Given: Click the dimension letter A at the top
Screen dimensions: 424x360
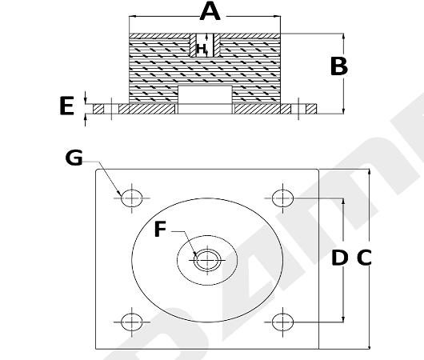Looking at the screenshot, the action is coord(210,11).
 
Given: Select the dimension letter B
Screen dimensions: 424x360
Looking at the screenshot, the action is coord(339,66).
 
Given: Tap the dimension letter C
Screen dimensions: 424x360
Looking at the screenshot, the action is coord(364,258).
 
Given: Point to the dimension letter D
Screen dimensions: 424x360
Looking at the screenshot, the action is coord(340,258).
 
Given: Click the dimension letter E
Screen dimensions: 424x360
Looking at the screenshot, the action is coord(66,106).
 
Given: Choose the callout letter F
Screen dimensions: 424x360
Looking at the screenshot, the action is coord(160,229).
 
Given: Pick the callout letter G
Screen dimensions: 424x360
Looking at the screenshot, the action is coord(74,158).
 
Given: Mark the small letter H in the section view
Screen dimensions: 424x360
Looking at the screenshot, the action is coord(201,49).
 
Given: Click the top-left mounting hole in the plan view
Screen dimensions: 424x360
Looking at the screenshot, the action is coord(132,198).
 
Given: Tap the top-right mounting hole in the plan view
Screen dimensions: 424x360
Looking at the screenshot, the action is coord(282,198).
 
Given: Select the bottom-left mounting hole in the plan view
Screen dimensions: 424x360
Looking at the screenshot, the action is coord(132,322).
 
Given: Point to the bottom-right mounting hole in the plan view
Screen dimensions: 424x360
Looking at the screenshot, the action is coord(282,322).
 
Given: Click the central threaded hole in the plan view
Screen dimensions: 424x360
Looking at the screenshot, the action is coord(207,260).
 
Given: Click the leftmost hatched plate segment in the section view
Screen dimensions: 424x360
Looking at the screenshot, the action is coord(98,109).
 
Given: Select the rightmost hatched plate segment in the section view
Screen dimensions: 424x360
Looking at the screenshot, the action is coord(311,109).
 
